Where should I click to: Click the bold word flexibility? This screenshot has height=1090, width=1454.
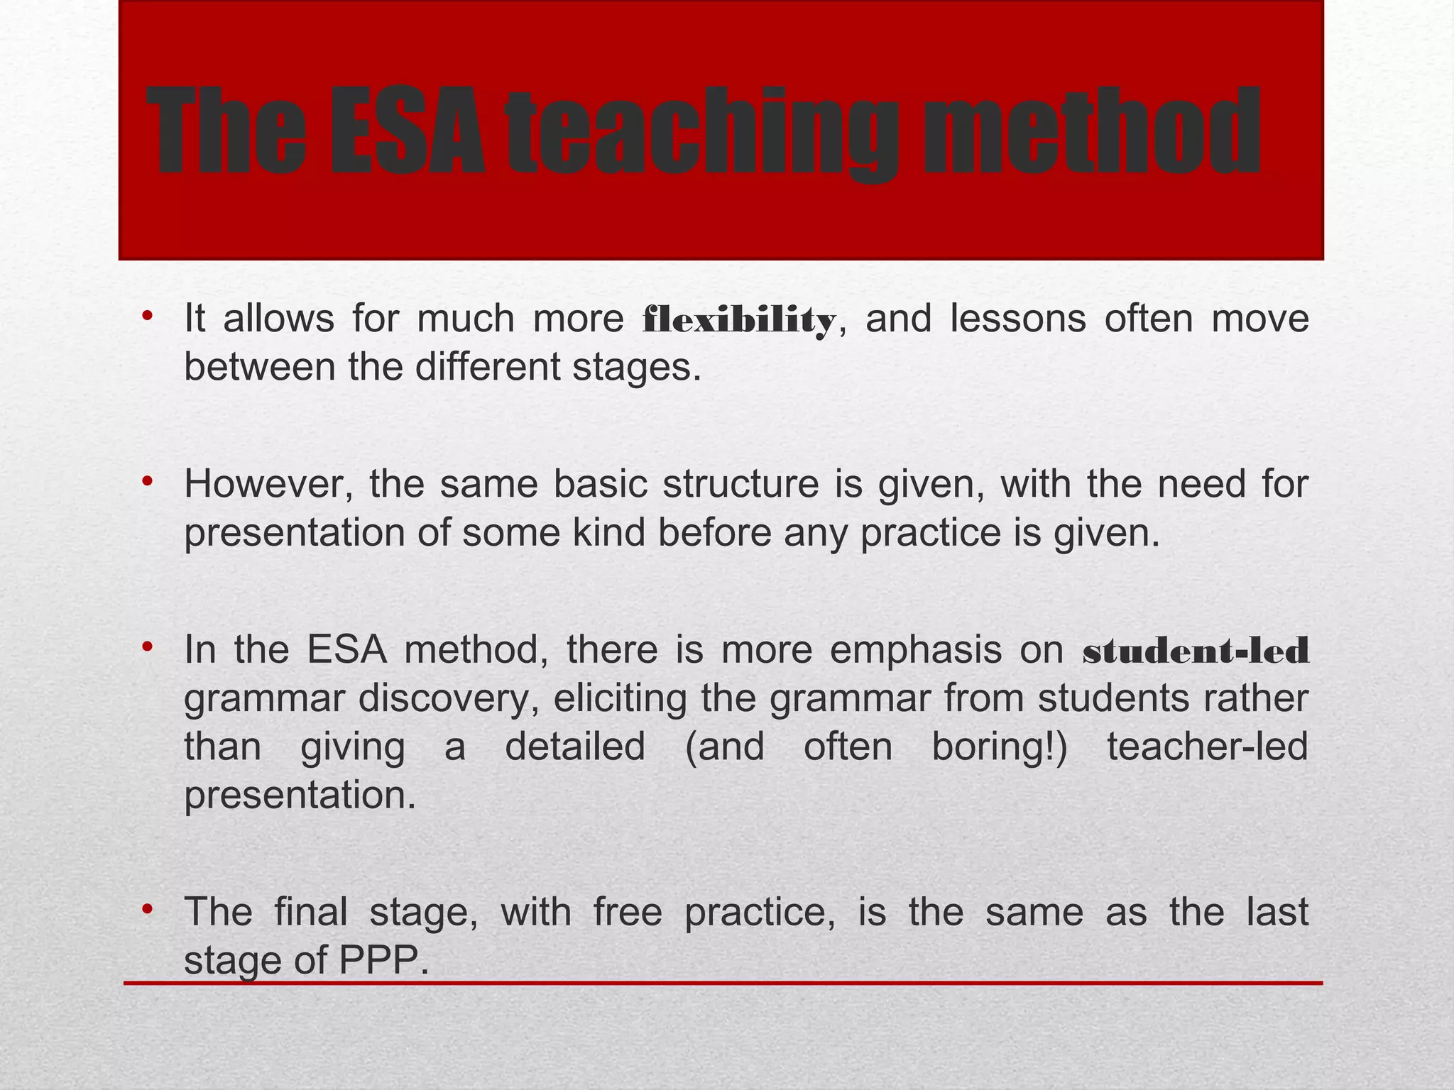click(739, 321)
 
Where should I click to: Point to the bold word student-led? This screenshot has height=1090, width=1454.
click(1196, 651)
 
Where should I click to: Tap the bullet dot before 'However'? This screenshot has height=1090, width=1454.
click(146, 481)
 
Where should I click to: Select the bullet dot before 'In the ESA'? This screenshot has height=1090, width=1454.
click(146, 646)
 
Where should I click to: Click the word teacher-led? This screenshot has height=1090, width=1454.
click(1207, 747)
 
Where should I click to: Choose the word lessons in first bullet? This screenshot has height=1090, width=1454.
click(1018, 319)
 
